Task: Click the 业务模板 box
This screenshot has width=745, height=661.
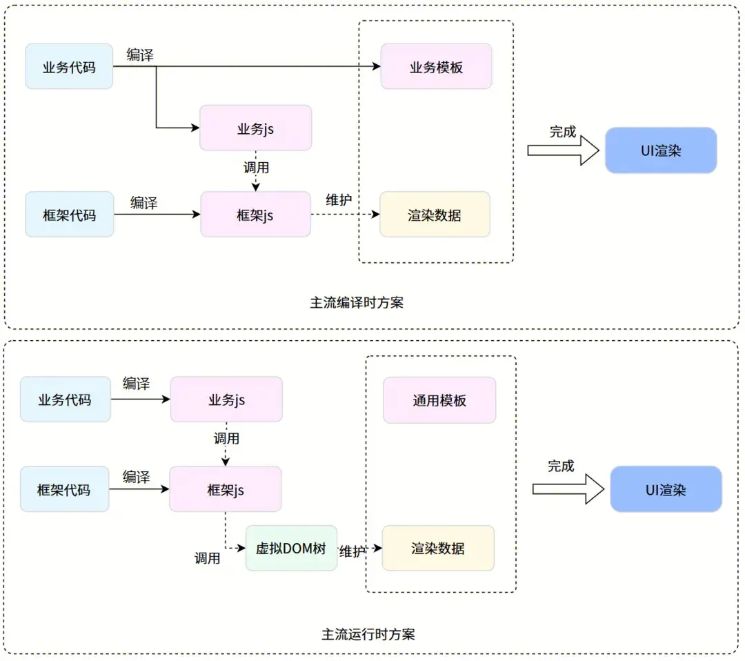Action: [436, 67]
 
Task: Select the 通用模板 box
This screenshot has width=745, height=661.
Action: [439, 400]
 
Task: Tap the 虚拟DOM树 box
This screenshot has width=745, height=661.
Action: [291, 548]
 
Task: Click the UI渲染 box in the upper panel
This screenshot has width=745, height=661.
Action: [661, 150]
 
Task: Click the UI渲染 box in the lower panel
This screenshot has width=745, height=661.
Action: [666, 490]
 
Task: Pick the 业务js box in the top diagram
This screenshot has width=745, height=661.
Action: [255, 128]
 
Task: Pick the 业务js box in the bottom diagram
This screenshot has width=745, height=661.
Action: [226, 399]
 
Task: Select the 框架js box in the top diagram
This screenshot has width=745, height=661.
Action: [255, 215]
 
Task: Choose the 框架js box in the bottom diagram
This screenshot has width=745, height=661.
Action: [226, 490]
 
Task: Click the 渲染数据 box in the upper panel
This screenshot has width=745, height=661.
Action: [435, 215]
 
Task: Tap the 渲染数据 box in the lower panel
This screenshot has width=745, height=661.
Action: [438, 549]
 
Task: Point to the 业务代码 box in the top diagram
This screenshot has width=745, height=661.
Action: [69, 67]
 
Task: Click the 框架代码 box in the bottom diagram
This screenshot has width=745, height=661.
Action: [64, 490]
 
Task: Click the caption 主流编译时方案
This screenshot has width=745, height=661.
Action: [357, 302]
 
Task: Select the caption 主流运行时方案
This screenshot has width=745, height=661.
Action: [368, 634]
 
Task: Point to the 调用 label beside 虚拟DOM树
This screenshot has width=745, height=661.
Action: [207, 558]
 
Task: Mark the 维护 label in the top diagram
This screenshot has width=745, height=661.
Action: [339, 200]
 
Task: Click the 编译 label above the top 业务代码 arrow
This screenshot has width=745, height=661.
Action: [140, 55]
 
